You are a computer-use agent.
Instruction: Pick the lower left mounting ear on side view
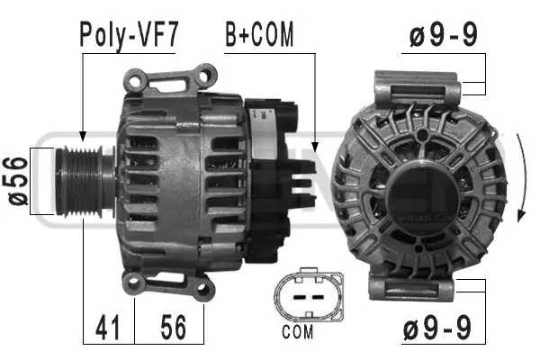coord(134,285)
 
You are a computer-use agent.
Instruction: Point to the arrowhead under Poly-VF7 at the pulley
coord(82,134)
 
